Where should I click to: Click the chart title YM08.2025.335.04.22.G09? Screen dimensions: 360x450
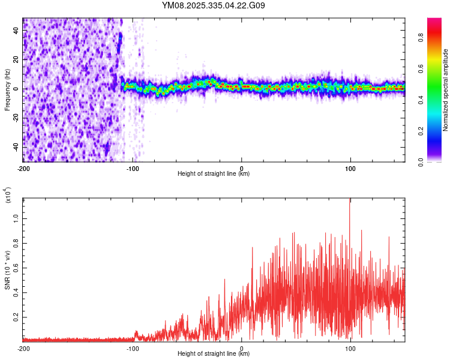[x=214, y=6]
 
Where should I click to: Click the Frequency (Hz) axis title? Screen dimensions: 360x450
[x=7, y=89]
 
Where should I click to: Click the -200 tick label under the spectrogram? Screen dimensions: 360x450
[x=23, y=169]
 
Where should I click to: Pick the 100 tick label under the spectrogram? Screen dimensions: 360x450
[x=350, y=169]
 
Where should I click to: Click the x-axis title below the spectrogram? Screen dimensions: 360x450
[x=214, y=175]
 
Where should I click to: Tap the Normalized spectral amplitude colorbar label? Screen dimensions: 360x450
[x=446, y=90]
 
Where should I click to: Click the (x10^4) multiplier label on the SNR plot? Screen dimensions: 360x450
[x=8, y=195]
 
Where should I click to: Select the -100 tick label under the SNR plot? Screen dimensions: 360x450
[x=132, y=348]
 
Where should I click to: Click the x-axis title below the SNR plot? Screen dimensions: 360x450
[x=214, y=354]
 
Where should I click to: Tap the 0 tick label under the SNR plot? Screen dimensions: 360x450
[x=242, y=348]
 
